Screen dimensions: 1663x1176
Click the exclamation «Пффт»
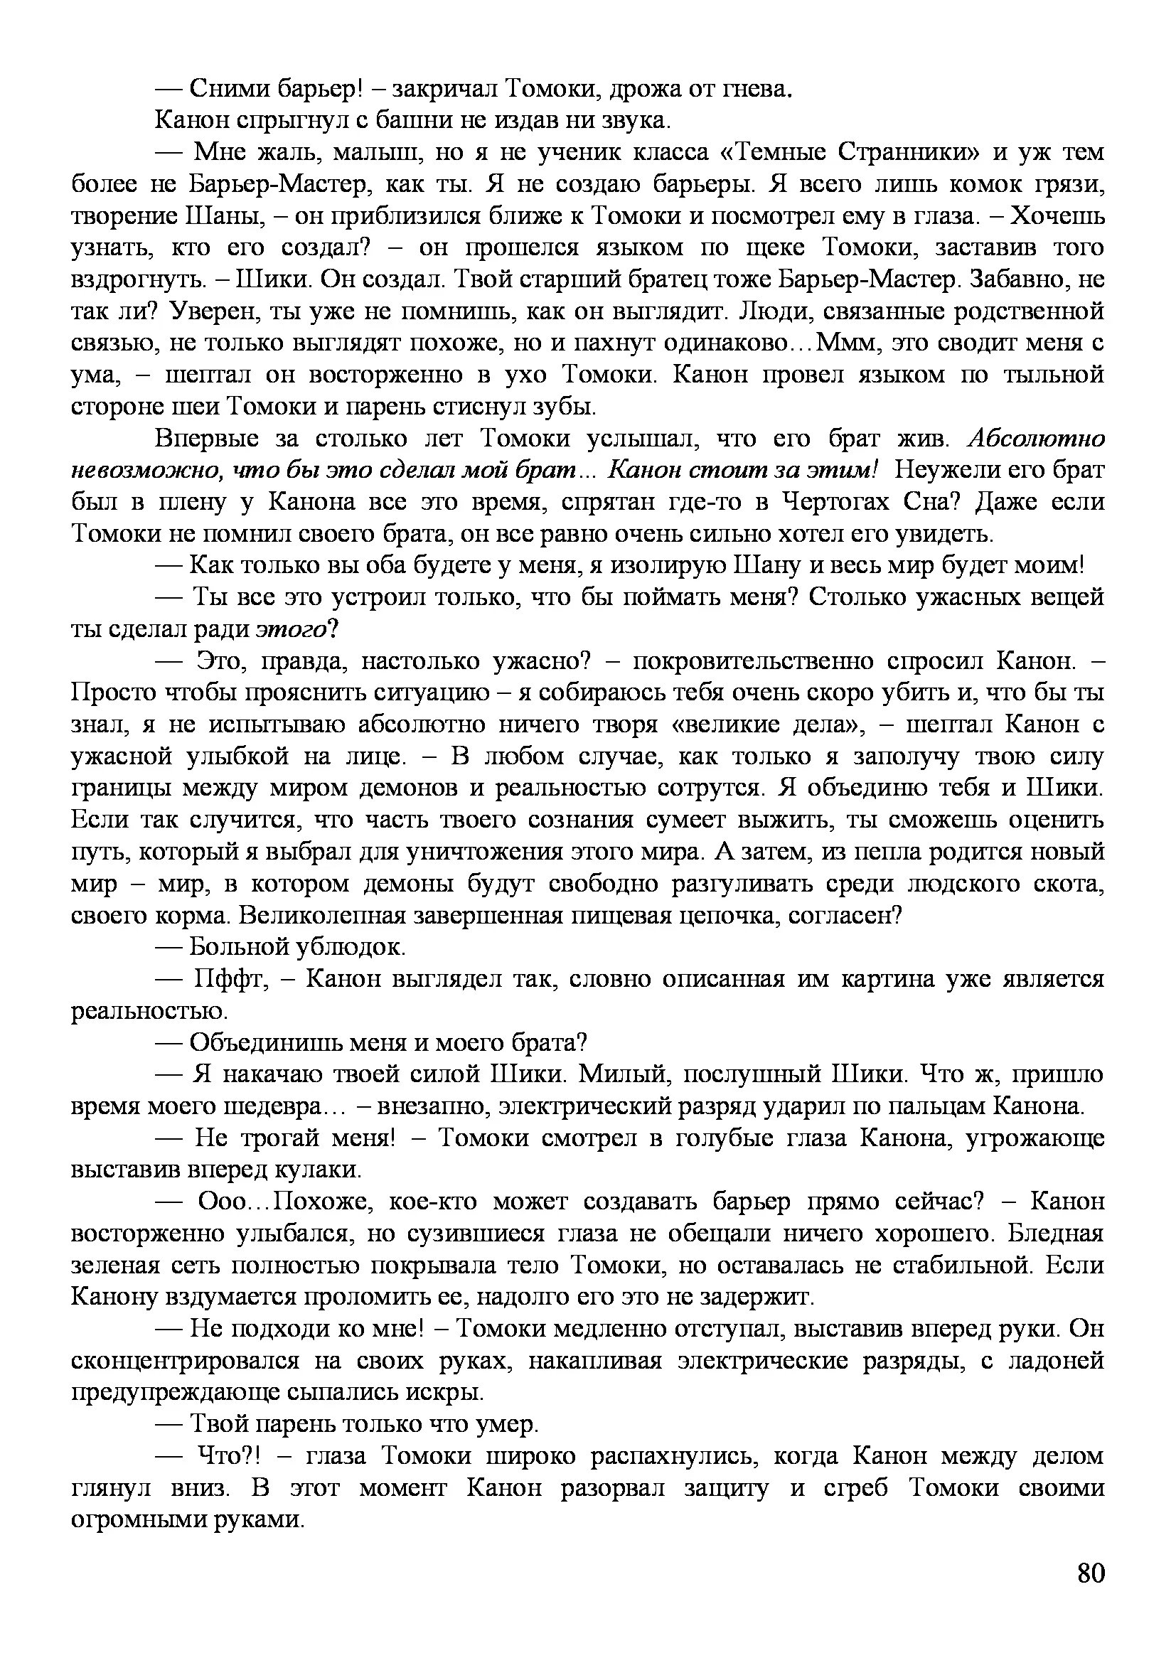point(231,979)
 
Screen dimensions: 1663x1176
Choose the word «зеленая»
point(115,1266)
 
